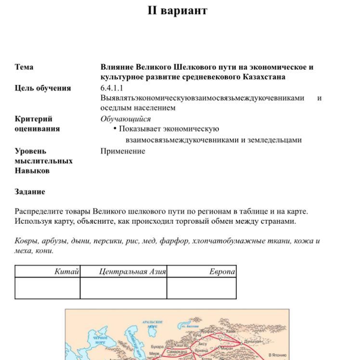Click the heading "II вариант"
[x=177, y=11]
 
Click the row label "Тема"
[x=24, y=67]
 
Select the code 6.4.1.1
[x=112, y=88]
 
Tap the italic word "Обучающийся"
[x=125, y=119]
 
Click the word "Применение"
[x=122, y=151]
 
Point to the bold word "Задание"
[x=30, y=192]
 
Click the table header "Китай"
[x=66, y=272]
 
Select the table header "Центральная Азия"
[x=132, y=272]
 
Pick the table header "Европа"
[x=222, y=272]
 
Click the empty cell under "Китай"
[x=47, y=288]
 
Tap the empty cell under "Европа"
[x=202, y=288]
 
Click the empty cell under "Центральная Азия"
[x=123, y=288]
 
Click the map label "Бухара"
[x=157, y=346]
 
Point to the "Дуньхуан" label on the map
[x=252, y=341]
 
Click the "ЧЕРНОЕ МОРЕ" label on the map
[x=100, y=340]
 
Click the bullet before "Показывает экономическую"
[x=115, y=129]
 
